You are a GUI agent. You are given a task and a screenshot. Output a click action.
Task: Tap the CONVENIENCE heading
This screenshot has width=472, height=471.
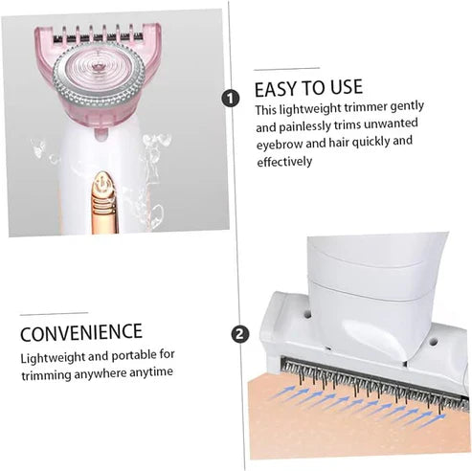[81, 333]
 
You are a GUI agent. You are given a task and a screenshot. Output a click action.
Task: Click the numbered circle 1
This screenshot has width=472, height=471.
[230, 98]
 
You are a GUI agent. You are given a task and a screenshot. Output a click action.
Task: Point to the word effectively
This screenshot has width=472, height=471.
[284, 162]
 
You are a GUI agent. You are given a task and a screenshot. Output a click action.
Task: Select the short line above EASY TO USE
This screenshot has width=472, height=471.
[286, 69]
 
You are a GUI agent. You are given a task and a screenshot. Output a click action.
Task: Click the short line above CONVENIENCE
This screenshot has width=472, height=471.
[54, 313]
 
